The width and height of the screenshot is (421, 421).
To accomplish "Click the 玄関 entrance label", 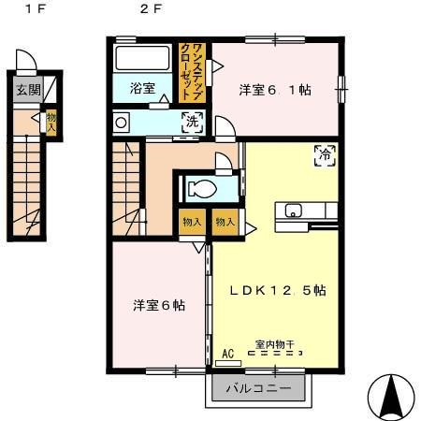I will click(x=28, y=91).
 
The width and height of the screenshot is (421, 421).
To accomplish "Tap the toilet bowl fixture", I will click(x=199, y=188).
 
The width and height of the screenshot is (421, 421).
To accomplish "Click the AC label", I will click(x=228, y=355).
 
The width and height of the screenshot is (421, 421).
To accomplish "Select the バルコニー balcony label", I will click(x=255, y=387).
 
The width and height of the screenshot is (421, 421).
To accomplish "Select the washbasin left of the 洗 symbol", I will click(x=121, y=121).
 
